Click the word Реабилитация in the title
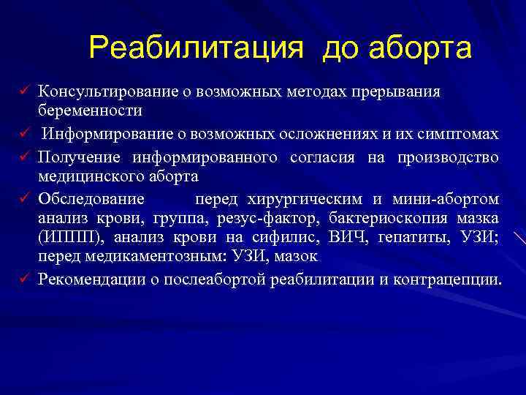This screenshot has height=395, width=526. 195,49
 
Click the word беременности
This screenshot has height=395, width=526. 91,110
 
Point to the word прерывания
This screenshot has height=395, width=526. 396,93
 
